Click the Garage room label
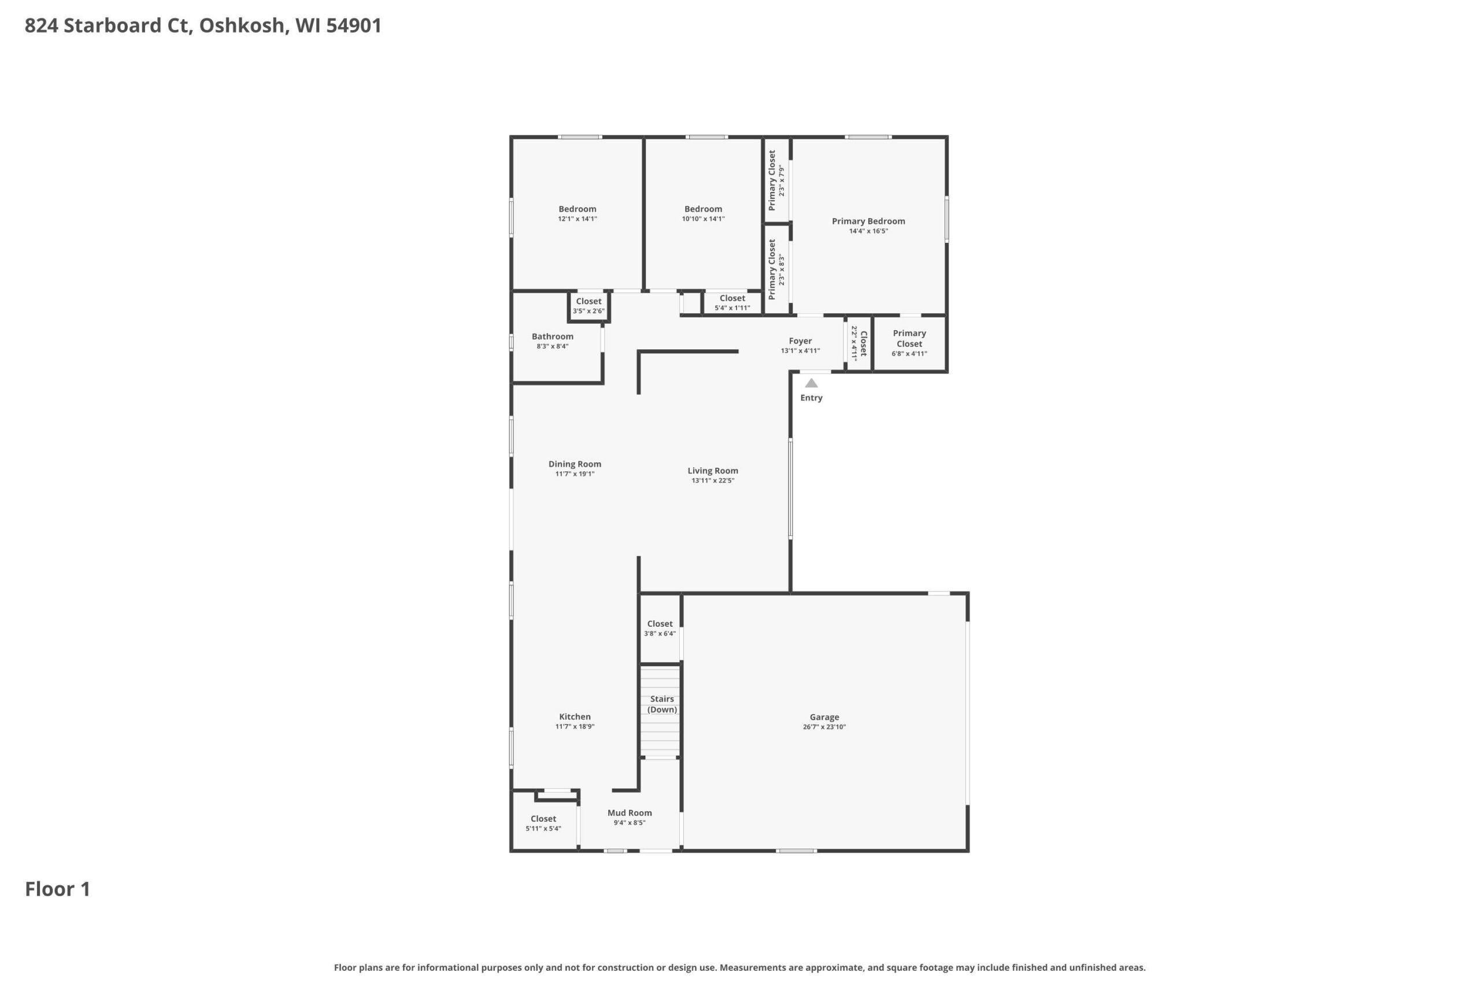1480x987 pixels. click(x=824, y=717)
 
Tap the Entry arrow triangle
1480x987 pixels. click(x=811, y=383)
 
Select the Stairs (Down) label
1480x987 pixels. click(x=662, y=704)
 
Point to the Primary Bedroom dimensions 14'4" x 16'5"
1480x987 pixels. click(x=868, y=231)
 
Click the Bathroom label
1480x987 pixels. click(x=553, y=336)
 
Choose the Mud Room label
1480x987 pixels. click(x=629, y=812)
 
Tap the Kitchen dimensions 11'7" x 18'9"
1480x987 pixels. click(x=575, y=726)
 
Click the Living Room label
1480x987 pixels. click(x=712, y=470)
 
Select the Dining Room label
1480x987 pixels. click(x=575, y=464)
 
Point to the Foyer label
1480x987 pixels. click(x=800, y=341)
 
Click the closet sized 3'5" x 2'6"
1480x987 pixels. click(x=589, y=306)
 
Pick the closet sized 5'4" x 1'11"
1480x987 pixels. click(x=732, y=303)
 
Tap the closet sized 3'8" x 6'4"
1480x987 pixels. click(x=660, y=628)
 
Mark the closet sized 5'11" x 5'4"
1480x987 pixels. click(x=543, y=823)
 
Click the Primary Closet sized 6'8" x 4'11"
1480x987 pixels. click(x=909, y=343)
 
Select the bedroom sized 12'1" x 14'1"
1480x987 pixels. click(x=577, y=213)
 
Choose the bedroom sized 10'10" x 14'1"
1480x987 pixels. click(x=703, y=213)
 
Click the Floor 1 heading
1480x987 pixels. click(x=58, y=889)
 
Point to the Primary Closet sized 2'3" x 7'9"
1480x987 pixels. click(x=776, y=180)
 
